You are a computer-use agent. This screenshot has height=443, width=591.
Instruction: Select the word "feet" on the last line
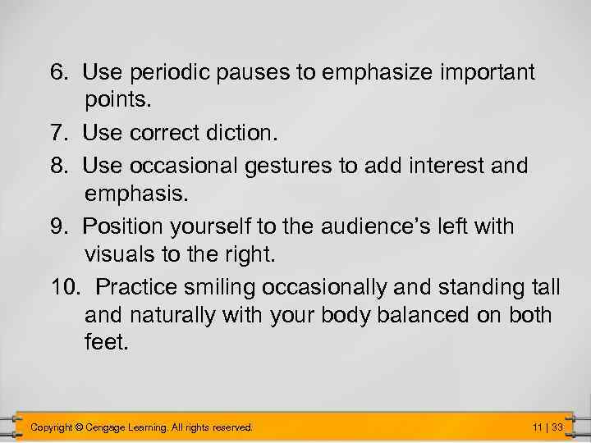coord(104,341)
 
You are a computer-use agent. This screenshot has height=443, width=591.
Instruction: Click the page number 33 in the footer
coord(557,427)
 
